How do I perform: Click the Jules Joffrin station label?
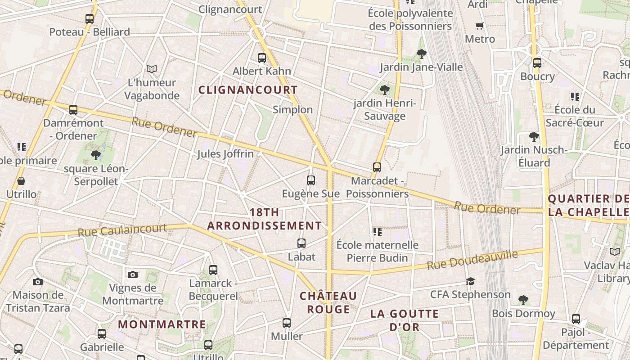[x=225, y=154]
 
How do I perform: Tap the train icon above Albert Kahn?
[x=262, y=58]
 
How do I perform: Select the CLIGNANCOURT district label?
[x=248, y=90]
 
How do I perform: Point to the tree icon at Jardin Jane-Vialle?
[x=422, y=54]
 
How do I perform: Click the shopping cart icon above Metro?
[x=480, y=26]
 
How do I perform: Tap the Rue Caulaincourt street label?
[x=122, y=230]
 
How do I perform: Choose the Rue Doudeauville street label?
[x=472, y=260]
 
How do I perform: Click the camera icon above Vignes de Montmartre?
[x=133, y=274]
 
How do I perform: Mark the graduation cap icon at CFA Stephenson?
[x=470, y=281]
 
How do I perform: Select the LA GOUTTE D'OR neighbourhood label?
[x=404, y=320]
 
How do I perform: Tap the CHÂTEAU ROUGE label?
[x=328, y=302]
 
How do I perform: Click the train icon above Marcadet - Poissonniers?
[x=377, y=167]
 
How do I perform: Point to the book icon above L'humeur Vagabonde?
[x=152, y=69]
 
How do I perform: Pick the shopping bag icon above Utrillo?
[x=21, y=181]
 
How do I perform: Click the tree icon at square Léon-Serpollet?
[x=95, y=155]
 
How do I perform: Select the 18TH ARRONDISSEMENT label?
[x=265, y=219]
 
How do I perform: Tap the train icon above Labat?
[x=301, y=243]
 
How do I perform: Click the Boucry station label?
[x=537, y=76]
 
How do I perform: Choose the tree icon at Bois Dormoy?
[x=523, y=300]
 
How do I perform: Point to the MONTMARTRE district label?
[x=162, y=324]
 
